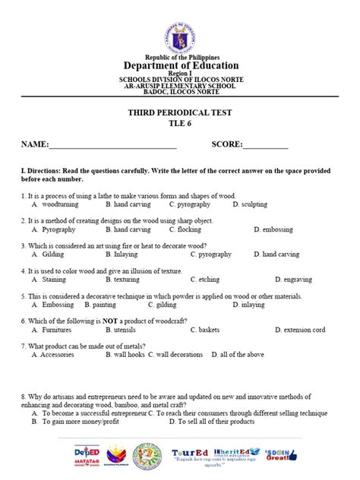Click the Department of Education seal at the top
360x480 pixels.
[x=180, y=28]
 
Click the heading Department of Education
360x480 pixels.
[x=180, y=65]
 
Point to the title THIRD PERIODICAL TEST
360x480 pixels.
[x=180, y=112]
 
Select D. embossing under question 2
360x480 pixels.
[x=278, y=229]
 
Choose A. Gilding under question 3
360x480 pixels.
[x=49, y=254]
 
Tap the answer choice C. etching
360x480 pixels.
[x=205, y=279]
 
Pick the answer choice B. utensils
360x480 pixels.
[x=124, y=330]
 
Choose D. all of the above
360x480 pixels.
[x=237, y=355]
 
